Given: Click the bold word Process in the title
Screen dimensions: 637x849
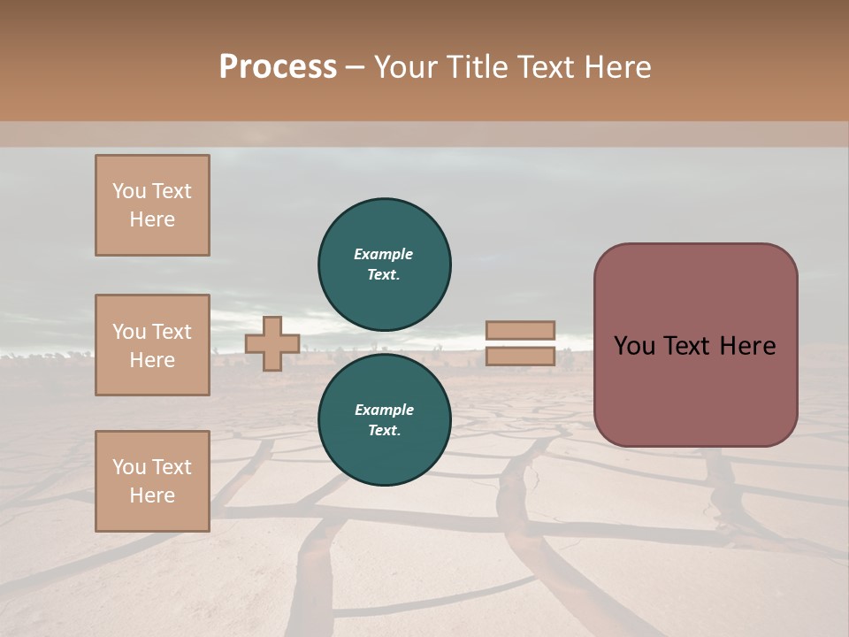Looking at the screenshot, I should pos(278,67).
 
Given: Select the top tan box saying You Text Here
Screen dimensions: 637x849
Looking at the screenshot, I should pos(152,205).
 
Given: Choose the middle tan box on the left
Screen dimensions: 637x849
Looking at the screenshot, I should pos(152,345).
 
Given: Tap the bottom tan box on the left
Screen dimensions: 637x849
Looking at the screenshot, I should pos(152,481).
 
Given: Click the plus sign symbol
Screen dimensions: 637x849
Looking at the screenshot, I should pos(272,343).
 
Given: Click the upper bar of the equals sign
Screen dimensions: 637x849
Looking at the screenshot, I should pos(520,330).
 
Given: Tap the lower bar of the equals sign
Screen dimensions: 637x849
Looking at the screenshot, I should pos(520,357).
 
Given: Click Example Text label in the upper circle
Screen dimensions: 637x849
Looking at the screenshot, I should pos(384,264).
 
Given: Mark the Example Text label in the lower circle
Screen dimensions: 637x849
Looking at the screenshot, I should pos(384,420).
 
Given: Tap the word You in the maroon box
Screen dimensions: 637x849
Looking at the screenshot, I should pos(634,346).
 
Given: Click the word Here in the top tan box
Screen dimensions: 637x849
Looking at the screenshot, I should pos(152,219).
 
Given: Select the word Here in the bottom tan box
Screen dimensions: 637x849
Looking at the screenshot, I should pos(152,495).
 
